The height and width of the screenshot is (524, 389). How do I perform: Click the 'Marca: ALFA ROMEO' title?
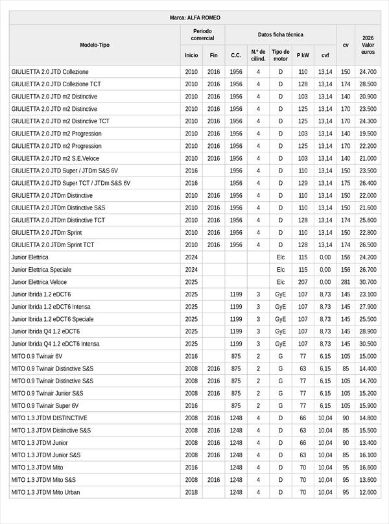pyautogui.click(x=194, y=18)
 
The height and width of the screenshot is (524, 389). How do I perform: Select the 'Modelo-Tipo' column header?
pyautogui.click(x=95, y=45)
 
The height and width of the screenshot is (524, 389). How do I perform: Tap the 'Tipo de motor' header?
pyautogui.click(x=281, y=55)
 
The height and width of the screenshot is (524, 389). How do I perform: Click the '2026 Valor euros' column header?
pyautogui.click(x=368, y=45)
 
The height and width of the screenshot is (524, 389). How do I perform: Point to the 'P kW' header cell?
pyautogui.click(x=303, y=55)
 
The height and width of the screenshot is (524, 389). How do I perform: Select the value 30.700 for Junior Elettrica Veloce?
pyautogui.click(x=368, y=282)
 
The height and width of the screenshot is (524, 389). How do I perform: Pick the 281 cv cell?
pyautogui.click(x=346, y=282)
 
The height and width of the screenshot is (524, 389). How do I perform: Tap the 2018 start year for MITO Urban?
pyautogui.click(x=191, y=492)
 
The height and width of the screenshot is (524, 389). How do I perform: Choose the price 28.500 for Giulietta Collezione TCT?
pyautogui.click(x=368, y=84)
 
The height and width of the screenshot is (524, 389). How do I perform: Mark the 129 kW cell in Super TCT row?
pyautogui.click(x=303, y=183)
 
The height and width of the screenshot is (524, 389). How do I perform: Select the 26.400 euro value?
pyautogui.click(x=368, y=183)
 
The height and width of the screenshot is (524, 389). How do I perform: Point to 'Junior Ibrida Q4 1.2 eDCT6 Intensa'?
pyautogui.click(x=55, y=344)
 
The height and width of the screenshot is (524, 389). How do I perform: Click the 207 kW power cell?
pyautogui.click(x=303, y=282)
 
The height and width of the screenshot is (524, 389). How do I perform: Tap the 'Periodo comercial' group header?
pyautogui.click(x=202, y=34)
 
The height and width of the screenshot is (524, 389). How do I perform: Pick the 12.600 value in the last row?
pyautogui.click(x=368, y=492)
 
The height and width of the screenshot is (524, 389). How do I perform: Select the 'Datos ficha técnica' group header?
pyautogui.click(x=280, y=34)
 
